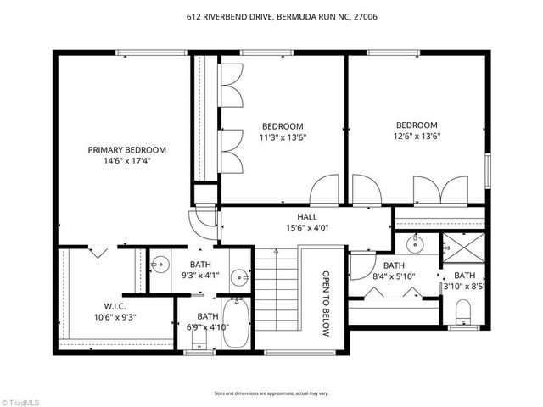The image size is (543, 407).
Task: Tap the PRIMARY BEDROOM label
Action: [127, 149]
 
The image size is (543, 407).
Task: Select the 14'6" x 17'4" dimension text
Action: [127, 161]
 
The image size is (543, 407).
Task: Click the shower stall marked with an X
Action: [463, 248]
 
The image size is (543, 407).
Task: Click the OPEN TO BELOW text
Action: [325, 304]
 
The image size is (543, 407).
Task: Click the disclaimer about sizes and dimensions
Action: [271, 393]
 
